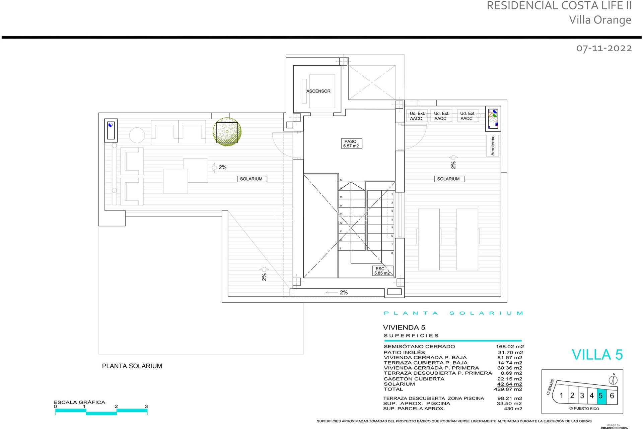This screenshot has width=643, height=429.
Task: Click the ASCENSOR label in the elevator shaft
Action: (x=318, y=91)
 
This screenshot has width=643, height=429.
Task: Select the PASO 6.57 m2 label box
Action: (x=351, y=143)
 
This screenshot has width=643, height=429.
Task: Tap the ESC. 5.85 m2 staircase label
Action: (x=382, y=271)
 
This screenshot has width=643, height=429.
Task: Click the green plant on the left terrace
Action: (x=227, y=132)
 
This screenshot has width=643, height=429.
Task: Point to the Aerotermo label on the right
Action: (x=492, y=145)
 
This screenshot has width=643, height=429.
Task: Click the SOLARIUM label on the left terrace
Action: (x=251, y=179)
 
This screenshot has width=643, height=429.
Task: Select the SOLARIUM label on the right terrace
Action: (x=448, y=179)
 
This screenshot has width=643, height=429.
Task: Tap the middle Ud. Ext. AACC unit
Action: (x=441, y=116)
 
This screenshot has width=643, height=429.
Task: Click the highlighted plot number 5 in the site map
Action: (x=601, y=396)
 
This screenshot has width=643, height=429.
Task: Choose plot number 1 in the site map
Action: (x=562, y=395)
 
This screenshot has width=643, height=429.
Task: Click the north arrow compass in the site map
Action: (x=613, y=380)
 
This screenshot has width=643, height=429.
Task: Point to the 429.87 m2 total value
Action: (x=508, y=389)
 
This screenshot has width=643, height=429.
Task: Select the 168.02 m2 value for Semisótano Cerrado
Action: (x=509, y=347)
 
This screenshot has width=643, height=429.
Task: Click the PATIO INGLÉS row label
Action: (x=404, y=352)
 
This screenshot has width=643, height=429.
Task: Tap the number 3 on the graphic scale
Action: (x=146, y=406)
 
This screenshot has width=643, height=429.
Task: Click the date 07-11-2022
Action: (x=604, y=48)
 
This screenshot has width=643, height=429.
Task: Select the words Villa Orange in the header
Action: (x=600, y=20)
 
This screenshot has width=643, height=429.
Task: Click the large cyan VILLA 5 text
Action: (x=597, y=355)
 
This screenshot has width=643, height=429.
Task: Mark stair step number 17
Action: (x=341, y=180)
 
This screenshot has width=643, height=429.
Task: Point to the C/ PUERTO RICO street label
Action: (x=584, y=409)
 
